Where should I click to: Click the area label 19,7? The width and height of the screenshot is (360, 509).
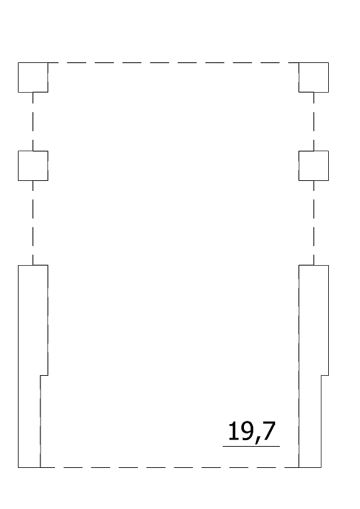pos(252,431)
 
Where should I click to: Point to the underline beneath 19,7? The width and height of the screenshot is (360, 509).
pos(251,446)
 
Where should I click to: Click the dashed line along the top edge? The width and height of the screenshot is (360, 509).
pos(173,63)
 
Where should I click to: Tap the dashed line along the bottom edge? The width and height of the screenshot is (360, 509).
pos(170,467)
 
